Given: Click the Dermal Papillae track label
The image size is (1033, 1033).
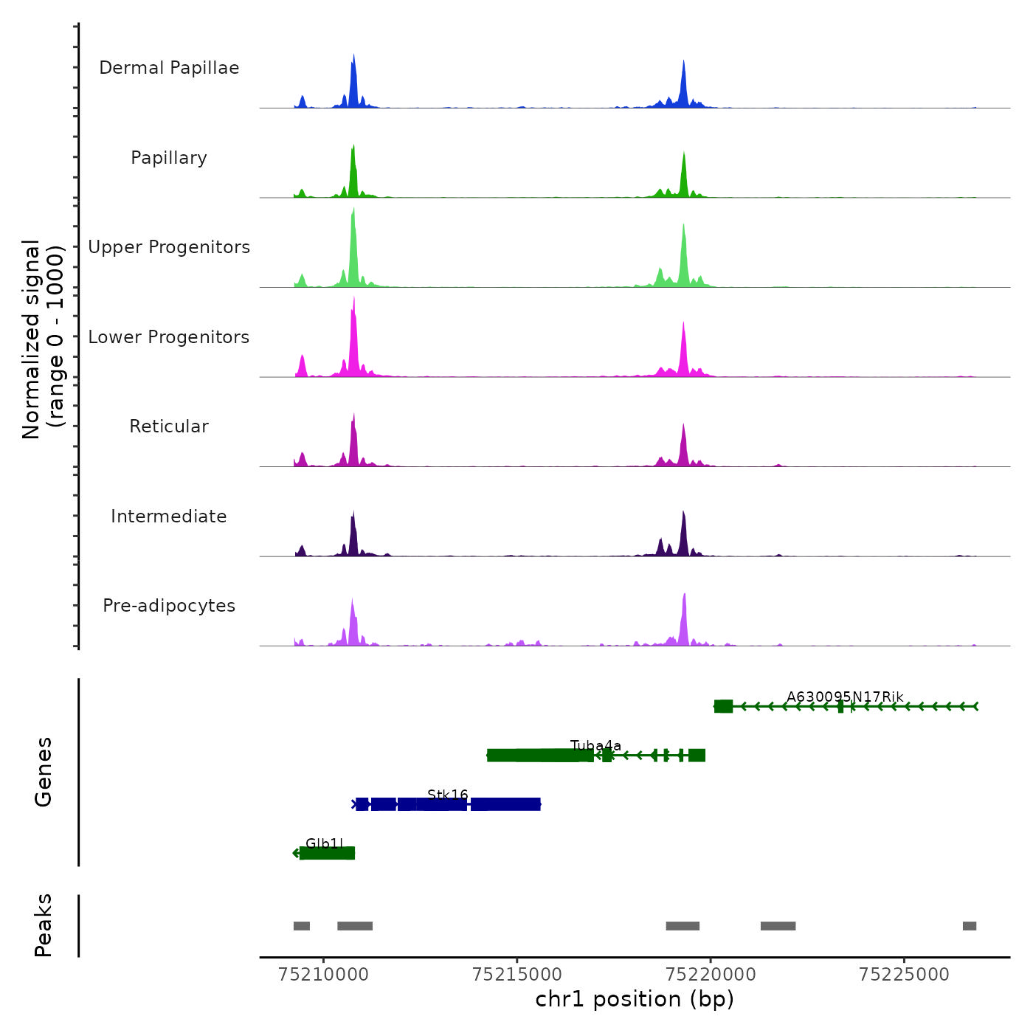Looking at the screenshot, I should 169,68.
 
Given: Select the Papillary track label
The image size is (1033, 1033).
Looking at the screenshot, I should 169,158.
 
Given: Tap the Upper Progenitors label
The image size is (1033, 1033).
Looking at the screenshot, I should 169,247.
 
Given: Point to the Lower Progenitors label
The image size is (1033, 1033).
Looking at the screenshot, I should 169,337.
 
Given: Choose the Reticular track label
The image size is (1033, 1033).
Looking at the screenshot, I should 169,426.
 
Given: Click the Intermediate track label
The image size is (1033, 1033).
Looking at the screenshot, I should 169,516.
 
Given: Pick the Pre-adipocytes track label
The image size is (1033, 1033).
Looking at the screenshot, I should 169,606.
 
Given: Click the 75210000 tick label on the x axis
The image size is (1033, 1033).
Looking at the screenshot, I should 323,975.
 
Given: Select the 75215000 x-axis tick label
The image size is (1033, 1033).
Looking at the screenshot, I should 517,975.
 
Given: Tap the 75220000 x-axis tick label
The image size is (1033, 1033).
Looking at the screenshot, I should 711,975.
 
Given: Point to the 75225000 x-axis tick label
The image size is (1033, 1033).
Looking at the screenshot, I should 904,975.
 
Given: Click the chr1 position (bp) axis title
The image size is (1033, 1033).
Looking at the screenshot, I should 635,1000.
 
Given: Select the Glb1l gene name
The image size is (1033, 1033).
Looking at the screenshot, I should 325,843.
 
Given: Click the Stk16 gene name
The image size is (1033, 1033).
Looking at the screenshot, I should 448,795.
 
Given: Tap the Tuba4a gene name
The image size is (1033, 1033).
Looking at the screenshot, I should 596,746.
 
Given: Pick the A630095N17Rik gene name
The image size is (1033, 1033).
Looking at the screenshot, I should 845,697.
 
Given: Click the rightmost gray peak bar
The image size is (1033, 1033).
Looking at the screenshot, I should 970,926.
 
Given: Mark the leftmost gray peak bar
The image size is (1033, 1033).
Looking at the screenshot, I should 302,926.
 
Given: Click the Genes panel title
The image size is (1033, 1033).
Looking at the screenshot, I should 44,772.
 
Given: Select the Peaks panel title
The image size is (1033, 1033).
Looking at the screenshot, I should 44,925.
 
